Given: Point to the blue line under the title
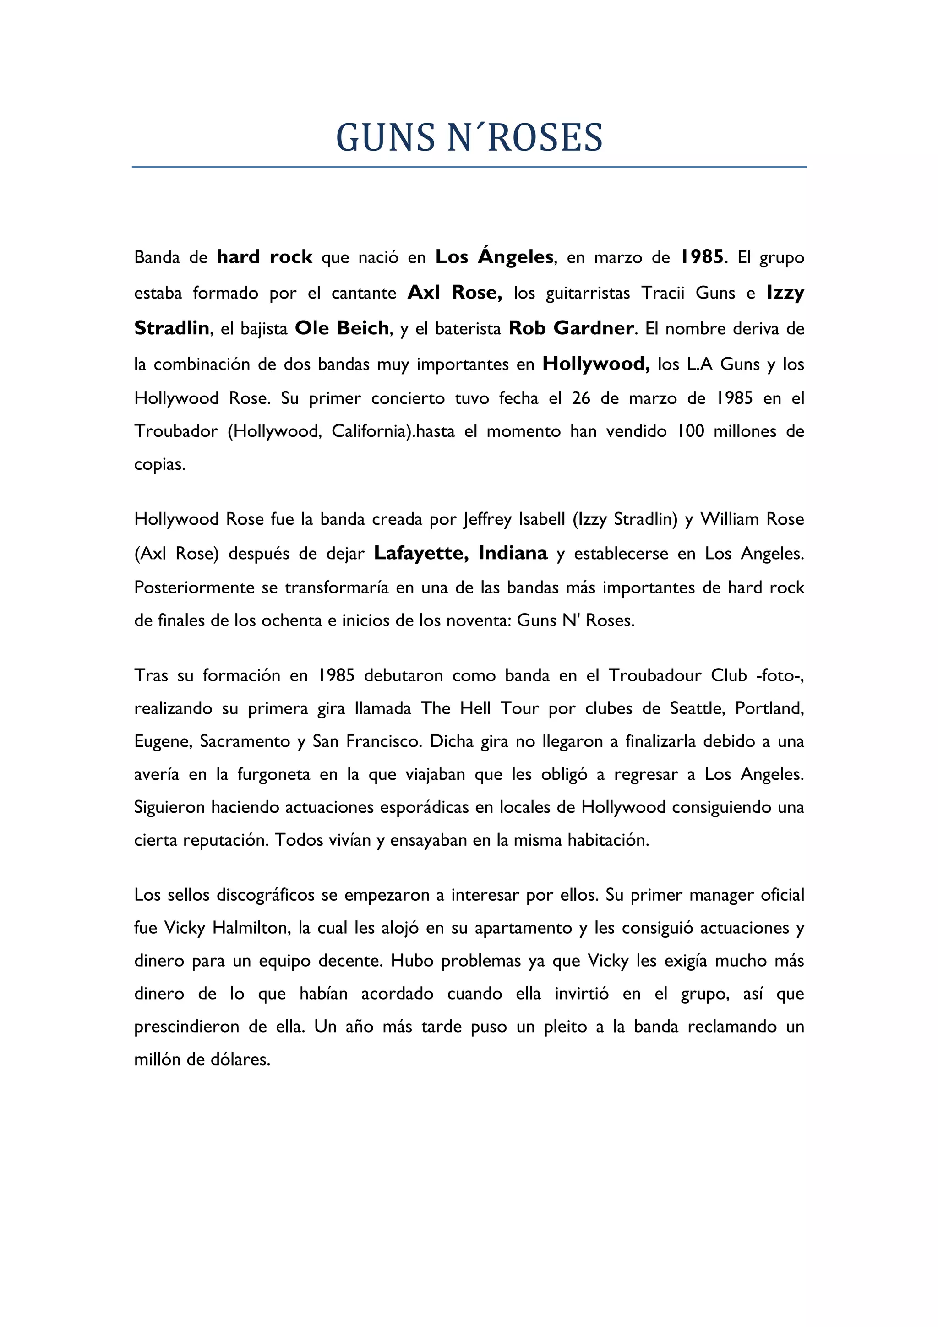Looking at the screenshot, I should [469, 167].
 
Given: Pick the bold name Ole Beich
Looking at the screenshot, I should [342, 328].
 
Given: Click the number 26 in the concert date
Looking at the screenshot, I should [581, 398].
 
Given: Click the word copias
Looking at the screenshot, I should [159, 465].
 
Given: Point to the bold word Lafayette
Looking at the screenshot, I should [421, 553].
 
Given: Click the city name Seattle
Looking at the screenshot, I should [697, 708].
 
